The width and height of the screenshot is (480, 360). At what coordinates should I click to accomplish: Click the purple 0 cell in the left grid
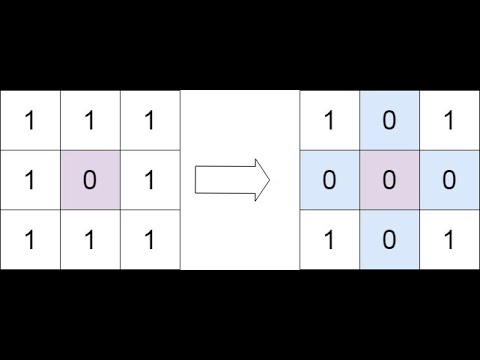click(x=90, y=180)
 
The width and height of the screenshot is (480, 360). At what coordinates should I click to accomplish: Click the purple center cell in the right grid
click(x=390, y=180)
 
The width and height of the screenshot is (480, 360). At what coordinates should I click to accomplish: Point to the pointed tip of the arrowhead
click(x=270, y=180)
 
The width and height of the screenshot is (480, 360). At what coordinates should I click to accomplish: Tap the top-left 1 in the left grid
click(x=30, y=120)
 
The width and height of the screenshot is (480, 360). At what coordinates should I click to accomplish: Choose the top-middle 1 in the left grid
click(x=90, y=120)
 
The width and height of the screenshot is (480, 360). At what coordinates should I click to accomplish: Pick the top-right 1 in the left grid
click(x=150, y=120)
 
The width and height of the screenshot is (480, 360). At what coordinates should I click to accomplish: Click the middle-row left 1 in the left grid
click(x=30, y=180)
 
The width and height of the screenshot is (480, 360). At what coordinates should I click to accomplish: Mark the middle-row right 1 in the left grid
click(x=150, y=180)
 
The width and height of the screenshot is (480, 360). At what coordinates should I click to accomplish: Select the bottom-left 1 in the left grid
click(x=30, y=240)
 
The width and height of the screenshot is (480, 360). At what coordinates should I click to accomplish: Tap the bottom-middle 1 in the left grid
click(x=90, y=240)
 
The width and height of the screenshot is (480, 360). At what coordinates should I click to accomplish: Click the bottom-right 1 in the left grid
click(x=150, y=240)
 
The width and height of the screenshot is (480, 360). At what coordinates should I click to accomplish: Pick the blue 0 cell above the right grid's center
click(x=390, y=120)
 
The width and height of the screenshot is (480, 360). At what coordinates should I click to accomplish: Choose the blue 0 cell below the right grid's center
click(x=390, y=240)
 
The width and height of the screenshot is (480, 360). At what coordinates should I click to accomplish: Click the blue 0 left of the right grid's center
click(x=330, y=180)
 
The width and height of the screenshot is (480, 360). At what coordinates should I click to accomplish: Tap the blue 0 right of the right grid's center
click(x=450, y=180)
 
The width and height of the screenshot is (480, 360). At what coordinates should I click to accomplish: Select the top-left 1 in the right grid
click(x=330, y=120)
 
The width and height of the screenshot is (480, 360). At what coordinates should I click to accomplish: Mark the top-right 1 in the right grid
click(x=450, y=120)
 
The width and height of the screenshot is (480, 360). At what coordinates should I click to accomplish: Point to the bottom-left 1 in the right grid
click(x=330, y=240)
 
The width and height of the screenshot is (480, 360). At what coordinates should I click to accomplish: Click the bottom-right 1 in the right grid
click(x=450, y=240)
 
